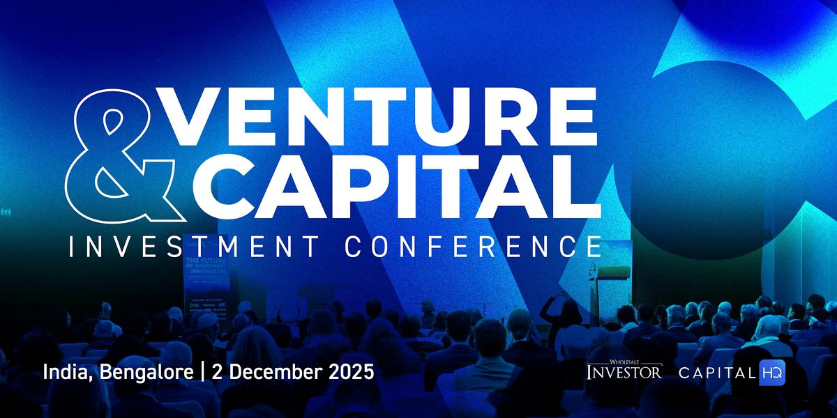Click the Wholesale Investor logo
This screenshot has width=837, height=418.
624,370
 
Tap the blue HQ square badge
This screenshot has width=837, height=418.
773,372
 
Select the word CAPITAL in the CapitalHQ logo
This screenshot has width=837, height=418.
717,372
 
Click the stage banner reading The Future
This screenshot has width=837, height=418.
207,286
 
